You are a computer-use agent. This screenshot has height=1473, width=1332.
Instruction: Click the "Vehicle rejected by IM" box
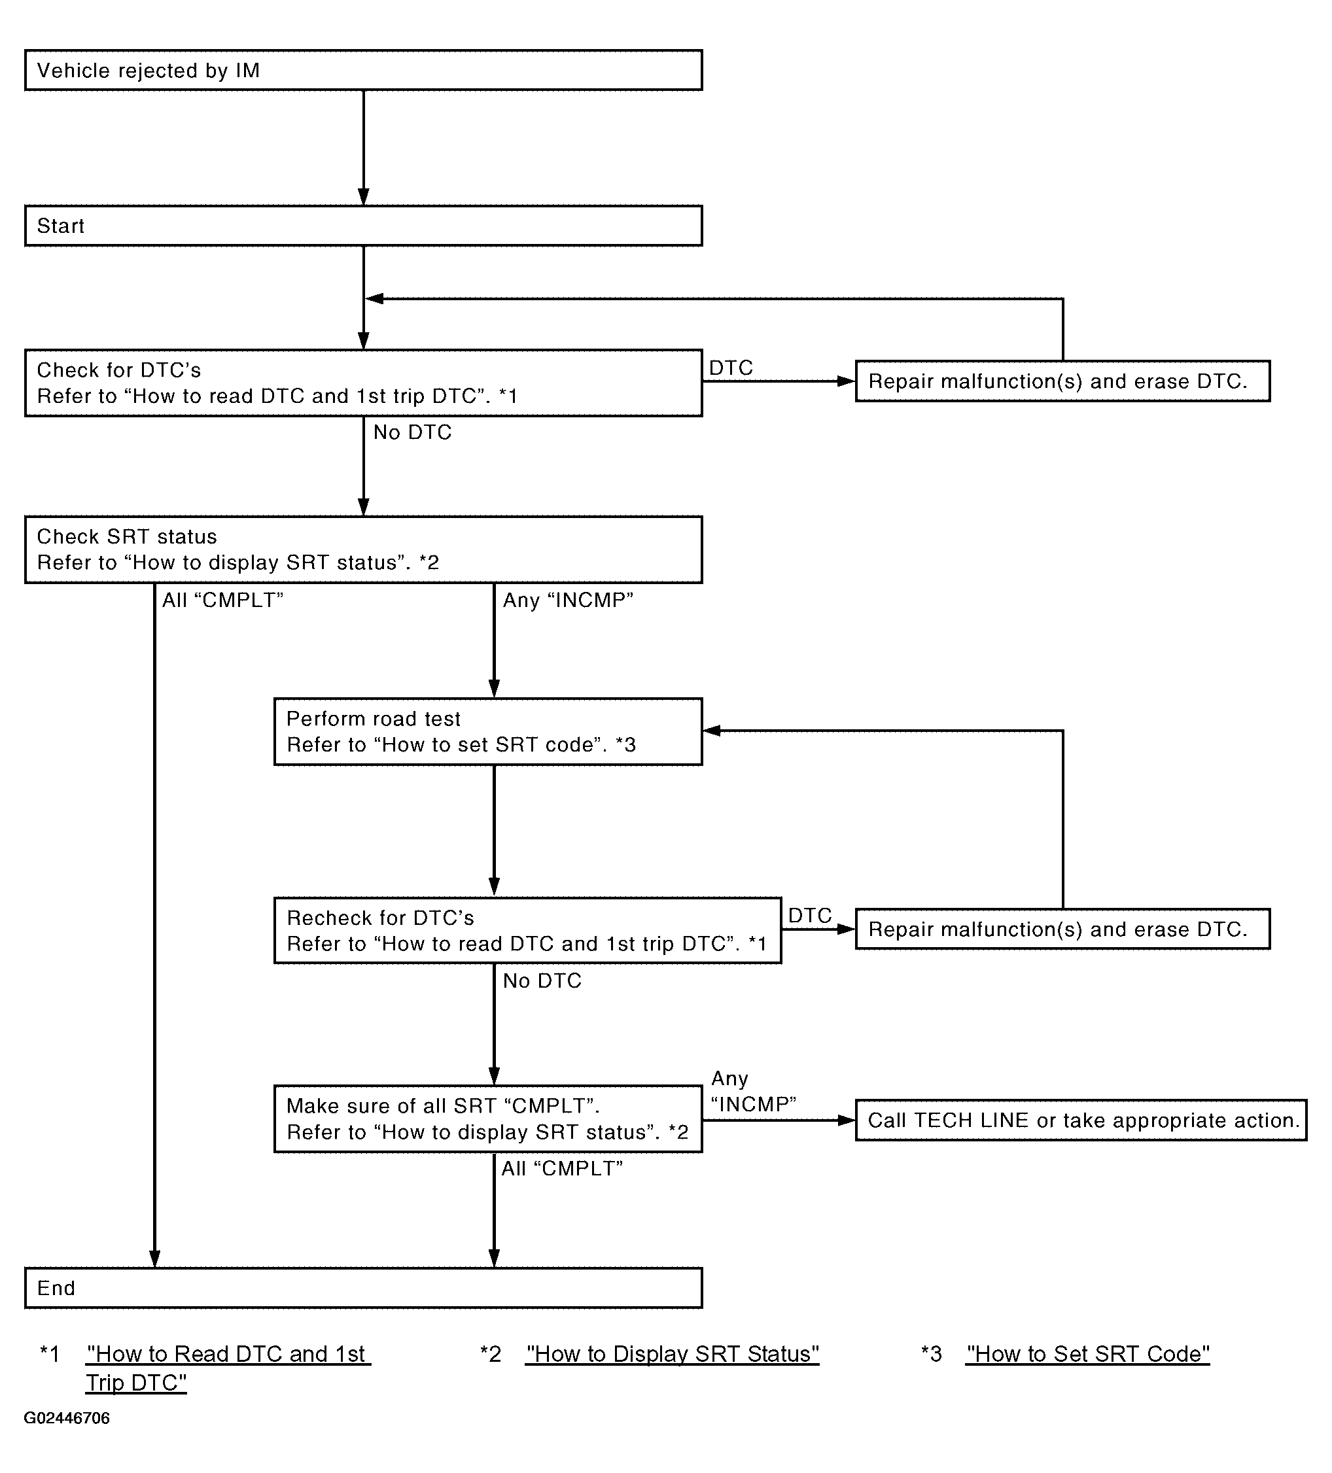click(363, 70)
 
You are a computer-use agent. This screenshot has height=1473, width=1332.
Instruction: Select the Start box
click(363, 226)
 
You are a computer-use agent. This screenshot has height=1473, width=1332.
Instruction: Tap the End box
click(363, 1287)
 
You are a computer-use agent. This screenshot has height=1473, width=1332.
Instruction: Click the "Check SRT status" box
click(363, 549)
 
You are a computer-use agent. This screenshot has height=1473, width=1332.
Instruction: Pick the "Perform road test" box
click(488, 731)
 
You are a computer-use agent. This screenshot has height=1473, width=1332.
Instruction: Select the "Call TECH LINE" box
click(1081, 1120)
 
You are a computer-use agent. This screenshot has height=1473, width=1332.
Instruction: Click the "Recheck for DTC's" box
click(527, 930)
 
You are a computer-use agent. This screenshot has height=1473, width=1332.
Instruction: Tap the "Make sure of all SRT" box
click(488, 1118)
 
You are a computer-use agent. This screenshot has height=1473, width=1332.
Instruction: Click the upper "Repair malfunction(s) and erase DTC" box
click(1062, 381)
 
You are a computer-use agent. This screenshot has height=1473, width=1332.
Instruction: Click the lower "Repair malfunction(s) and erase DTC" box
click(1062, 929)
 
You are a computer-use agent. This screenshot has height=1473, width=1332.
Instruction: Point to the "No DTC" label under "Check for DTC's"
click(412, 432)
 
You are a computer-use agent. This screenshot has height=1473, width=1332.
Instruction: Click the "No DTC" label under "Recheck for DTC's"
click(542, 980)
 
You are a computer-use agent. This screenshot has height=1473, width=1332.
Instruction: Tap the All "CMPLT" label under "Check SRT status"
click(223, 600)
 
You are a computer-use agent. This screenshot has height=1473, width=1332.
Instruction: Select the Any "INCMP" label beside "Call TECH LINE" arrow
click(753, 1092)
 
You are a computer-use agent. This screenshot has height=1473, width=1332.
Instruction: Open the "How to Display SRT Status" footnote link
click(672, 1354)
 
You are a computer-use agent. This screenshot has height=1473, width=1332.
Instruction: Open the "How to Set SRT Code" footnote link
click(1087, 1354)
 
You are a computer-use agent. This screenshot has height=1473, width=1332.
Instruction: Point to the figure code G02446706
click(67, 1418)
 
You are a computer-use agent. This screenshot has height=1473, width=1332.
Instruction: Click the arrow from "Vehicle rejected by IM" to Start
click(363, 148)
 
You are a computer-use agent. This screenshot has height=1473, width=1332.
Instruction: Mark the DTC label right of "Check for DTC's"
click(731, 368)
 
